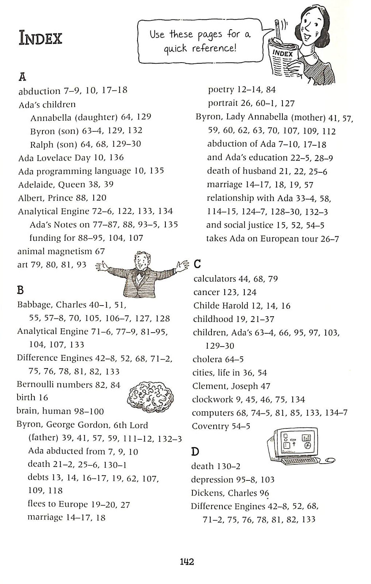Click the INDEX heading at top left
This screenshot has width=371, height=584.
click(x=40, y=38)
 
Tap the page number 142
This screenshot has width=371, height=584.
click(x=187, y=561)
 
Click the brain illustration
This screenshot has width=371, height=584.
click(x=150, y=397)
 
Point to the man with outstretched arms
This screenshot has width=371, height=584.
click(x=141, y=274)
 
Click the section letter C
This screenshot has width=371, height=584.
click(x=197, y=264)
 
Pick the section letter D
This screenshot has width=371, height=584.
click(x=195, y=452)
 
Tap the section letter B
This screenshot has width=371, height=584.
click(x=20, y=290)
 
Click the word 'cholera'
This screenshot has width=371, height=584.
click(x=207, y=359)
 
